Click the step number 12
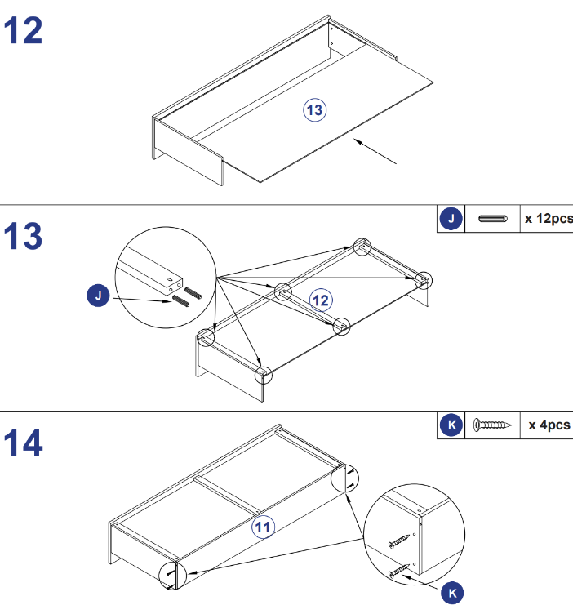[23, 30]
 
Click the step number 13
[23, 236]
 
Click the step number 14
[23, 443]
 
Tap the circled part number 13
[315, 110]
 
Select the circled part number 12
[321, 300]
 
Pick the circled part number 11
[263, 527]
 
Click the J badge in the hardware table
[451, 219]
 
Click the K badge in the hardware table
[451, 425]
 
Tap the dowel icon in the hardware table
[493, 219]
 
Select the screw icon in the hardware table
[492, 425]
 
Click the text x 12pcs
[549, 219]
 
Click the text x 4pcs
[549, 425]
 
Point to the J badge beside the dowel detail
[98, 296]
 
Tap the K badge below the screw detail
[452, 593]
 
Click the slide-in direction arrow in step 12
[375, 151]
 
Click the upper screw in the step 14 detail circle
[399, 541]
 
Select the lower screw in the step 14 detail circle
[399, 571]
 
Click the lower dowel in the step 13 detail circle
[180, 300]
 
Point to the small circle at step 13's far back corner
[362, 247]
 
